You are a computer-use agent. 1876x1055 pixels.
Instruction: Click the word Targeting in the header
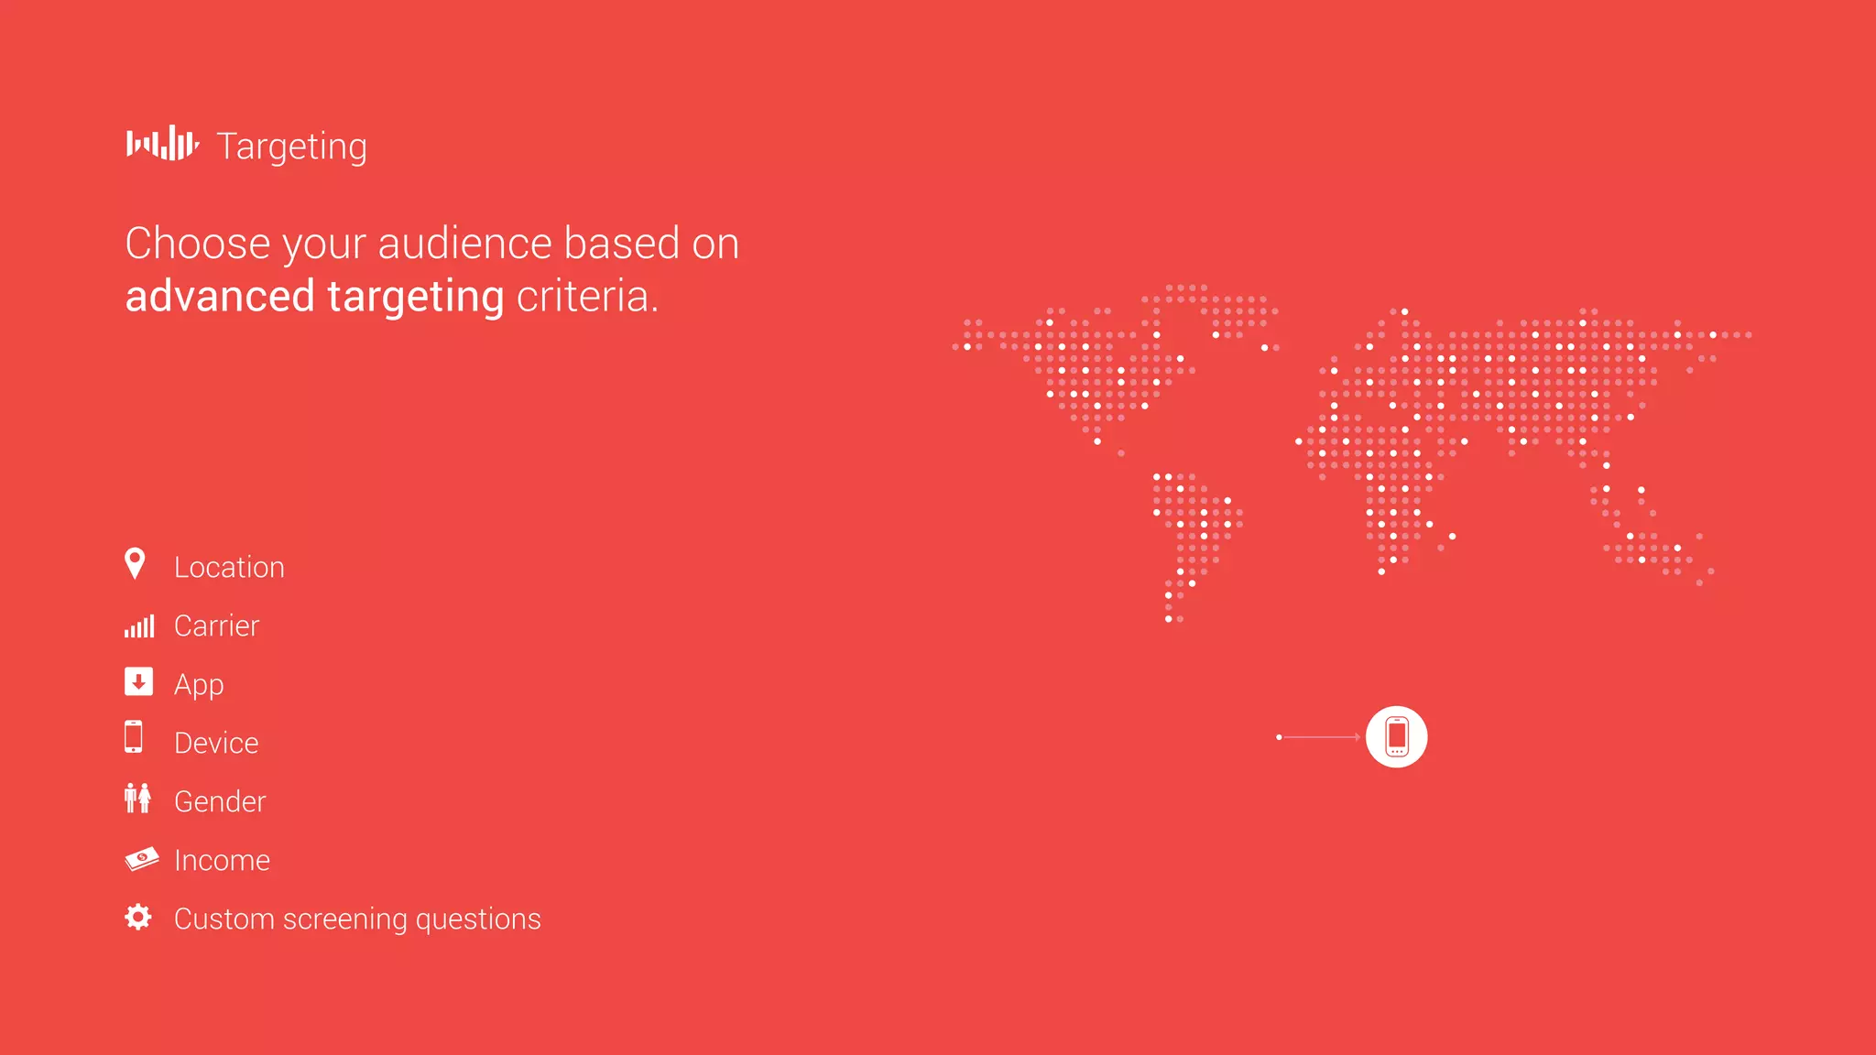point(291,147)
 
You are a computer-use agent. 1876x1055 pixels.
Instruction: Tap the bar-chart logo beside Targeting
point(162,144)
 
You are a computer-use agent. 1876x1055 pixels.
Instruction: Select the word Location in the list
point(229,568)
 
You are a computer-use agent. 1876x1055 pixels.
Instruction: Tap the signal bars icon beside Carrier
point(139,626)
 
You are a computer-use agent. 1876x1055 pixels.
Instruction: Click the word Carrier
point(217,626)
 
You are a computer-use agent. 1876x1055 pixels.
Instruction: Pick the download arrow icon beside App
point(138,681)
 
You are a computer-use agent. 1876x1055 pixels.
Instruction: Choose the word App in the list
point(199,685)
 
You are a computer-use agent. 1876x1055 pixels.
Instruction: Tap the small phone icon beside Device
point(134,736)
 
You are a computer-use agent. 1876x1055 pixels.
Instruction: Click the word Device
point(216,743)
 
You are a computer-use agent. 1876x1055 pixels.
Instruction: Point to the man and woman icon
point(137,799)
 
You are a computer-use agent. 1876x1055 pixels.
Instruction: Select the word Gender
point(220,801)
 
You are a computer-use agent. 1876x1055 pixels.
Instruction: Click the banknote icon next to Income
point(141,858)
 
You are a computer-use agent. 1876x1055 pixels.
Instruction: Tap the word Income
point(222,860)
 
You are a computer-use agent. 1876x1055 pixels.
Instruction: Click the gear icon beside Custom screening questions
point(138,917)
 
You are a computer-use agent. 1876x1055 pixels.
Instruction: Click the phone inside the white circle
point(1396,736)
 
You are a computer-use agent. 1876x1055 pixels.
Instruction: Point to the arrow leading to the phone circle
point(1319,737)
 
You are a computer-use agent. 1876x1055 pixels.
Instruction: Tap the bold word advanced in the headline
point(220,297)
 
